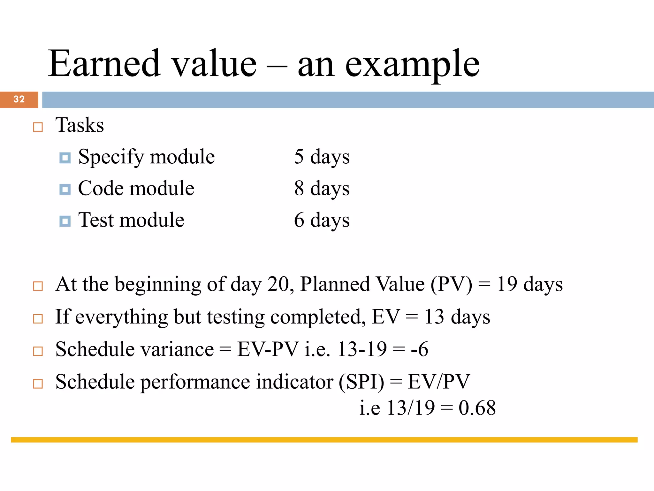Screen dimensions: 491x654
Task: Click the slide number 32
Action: (19, 99)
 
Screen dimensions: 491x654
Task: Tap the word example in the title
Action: (412, 65)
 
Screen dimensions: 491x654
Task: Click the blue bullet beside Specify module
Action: (65, 158)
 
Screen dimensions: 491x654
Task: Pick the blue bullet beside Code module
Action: (65, 190)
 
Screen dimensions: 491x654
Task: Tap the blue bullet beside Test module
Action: (65, 221)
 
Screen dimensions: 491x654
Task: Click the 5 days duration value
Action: (322, 157)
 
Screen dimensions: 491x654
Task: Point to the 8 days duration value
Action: (322, 189)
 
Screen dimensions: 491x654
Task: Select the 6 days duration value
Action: (322, 220)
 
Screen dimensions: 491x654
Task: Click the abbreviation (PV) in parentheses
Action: (451, 284)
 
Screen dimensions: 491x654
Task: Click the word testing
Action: (236, 317)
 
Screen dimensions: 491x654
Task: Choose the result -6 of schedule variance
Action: (419, 349)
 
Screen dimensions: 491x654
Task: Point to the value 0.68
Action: (477, 408)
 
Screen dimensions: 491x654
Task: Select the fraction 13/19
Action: (411, 408)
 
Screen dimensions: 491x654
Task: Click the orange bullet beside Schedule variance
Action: (38, 351)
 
